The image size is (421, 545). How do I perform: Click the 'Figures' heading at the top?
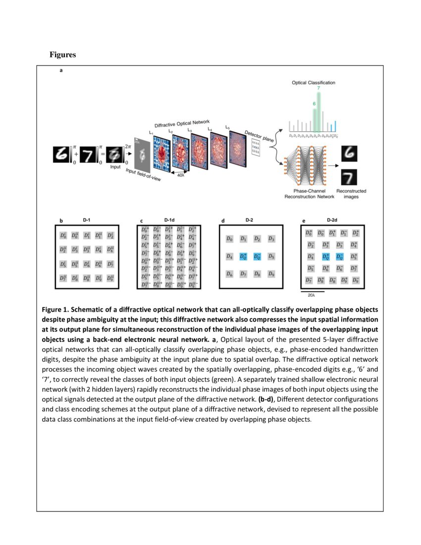point(62,54)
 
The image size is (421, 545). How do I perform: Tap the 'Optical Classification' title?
point(313,82)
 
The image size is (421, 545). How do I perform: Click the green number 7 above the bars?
point(318,88)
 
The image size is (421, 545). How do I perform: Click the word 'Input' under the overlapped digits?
point(115,167)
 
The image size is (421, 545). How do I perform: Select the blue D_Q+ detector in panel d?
point(243,257)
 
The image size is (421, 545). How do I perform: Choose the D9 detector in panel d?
point(271,273)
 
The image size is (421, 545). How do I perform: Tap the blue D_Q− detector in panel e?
point(340,257)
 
